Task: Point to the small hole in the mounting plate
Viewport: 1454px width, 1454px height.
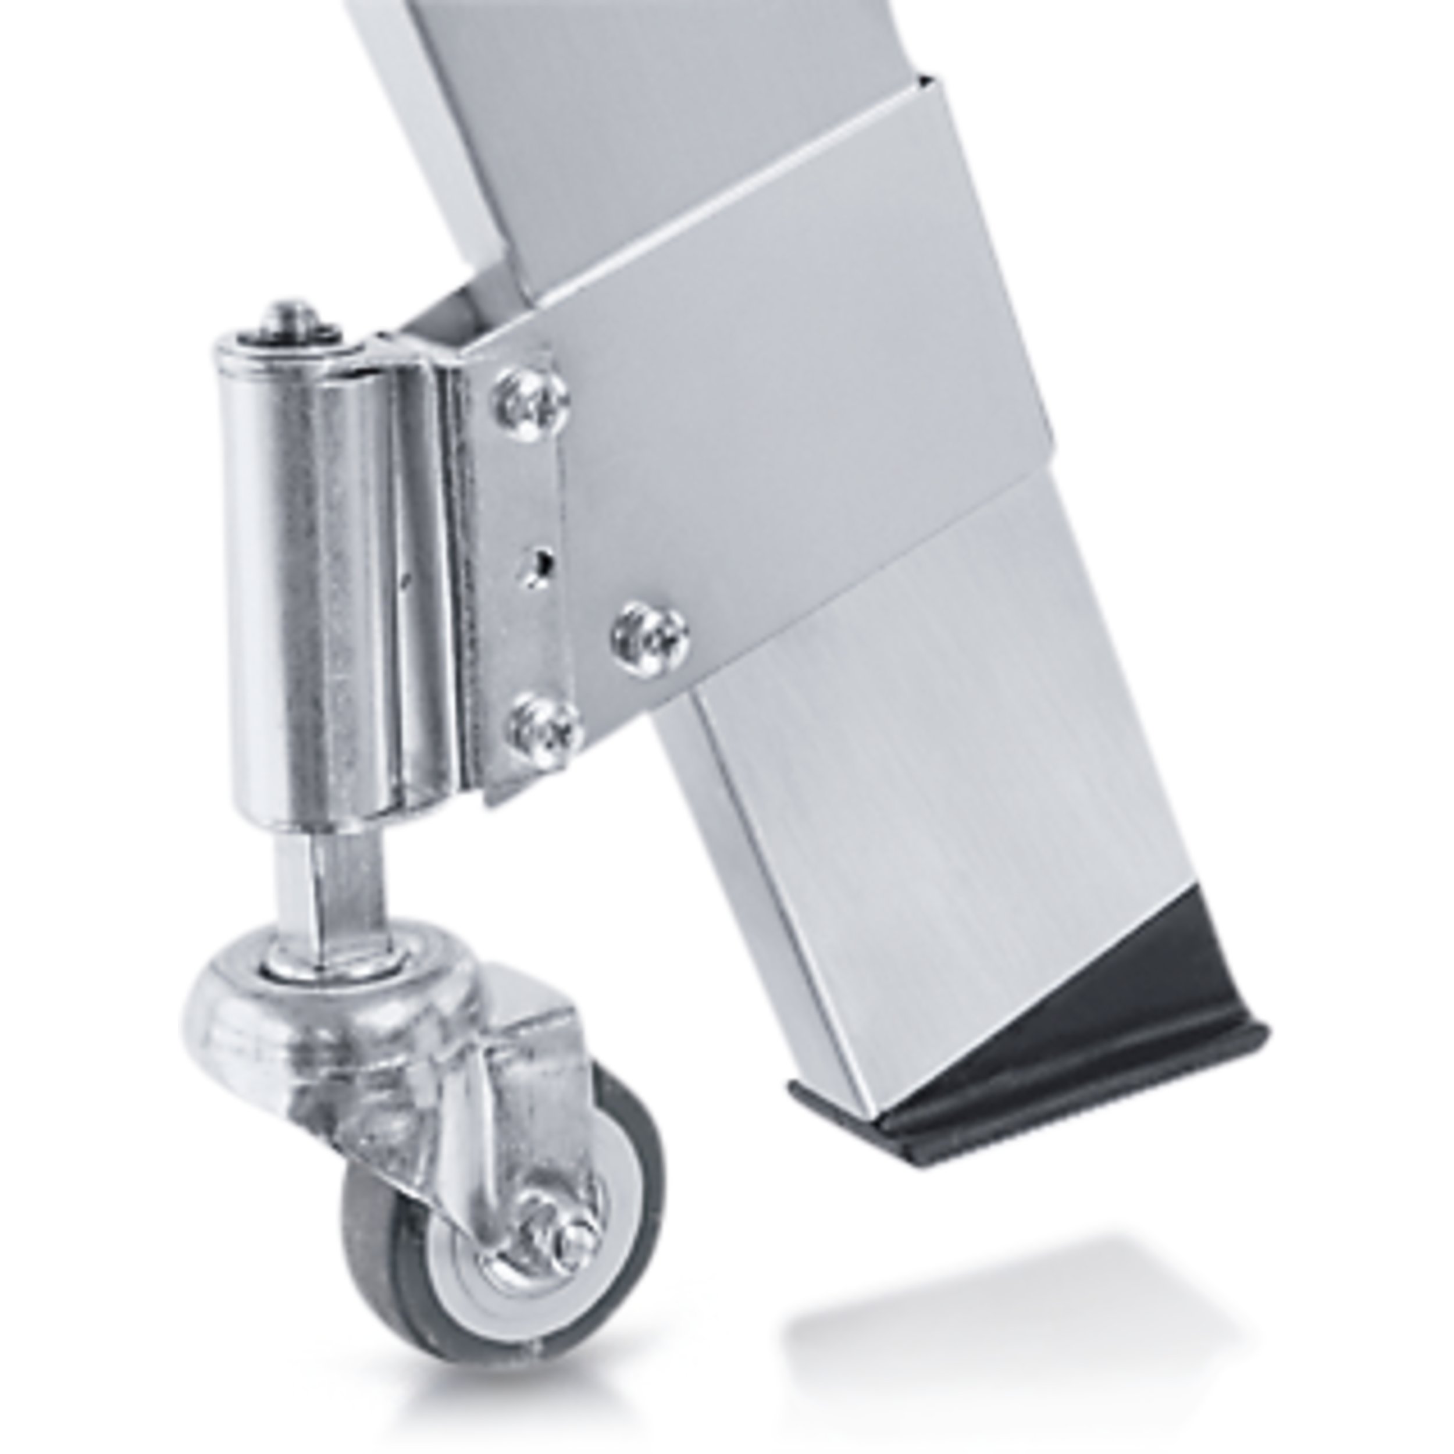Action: point(538,563)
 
